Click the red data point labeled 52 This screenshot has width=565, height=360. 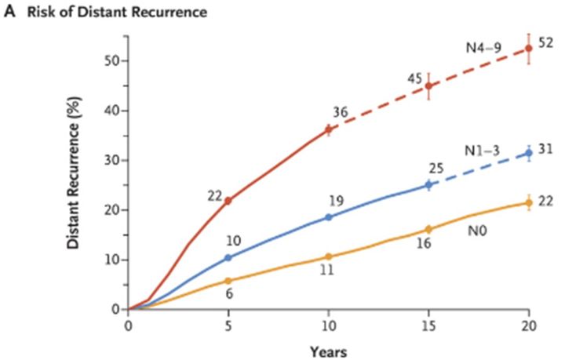[528, 48]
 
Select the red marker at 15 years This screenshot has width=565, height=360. [428, 85]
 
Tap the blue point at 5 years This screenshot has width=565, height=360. [228, 257]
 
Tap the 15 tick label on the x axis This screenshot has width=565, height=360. [428, 325]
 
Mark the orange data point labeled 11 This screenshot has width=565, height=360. [328, 256]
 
